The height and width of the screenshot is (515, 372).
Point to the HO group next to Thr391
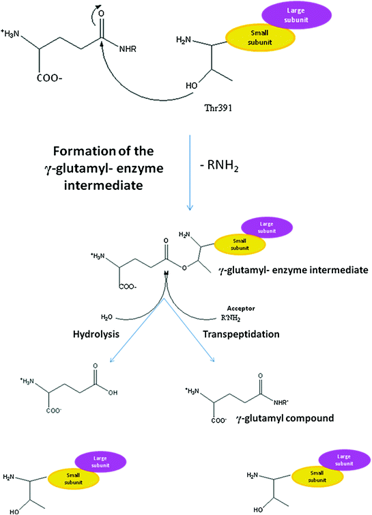click(194, 87)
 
